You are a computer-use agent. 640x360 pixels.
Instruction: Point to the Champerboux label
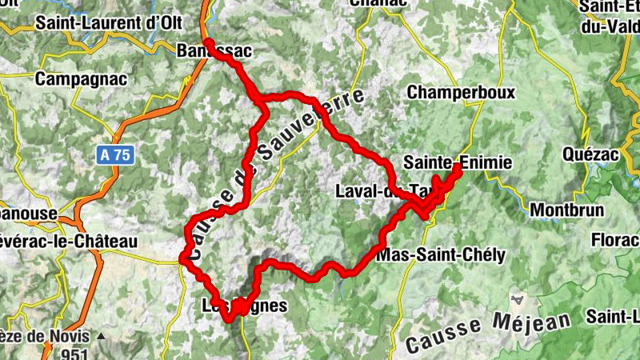(x=460, y=93)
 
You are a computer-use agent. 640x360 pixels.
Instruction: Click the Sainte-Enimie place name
(x=457, y=162)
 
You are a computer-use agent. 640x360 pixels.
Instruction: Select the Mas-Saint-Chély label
(x=440, y=256)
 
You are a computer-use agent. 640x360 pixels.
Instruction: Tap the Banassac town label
(x=214, y=52)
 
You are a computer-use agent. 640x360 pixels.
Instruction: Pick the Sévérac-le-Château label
(x=68, y=241)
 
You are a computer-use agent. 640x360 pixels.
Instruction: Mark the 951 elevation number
(x=77, y=353)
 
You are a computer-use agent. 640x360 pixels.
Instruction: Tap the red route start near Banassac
(x=208, y=42)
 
